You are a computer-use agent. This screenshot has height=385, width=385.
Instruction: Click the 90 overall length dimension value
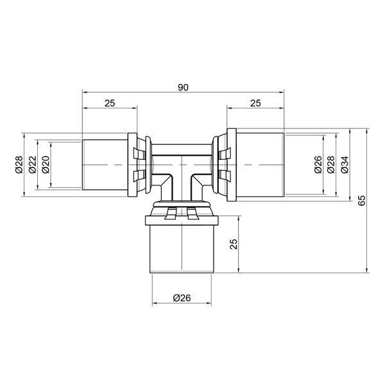[183, 87]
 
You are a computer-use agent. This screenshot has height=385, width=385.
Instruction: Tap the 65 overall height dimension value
[362, 200]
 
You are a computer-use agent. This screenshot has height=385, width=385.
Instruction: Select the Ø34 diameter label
[345, 165]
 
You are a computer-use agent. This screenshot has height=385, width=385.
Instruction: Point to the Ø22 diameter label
[33, 164]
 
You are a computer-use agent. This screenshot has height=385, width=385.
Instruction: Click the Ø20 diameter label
[46, 164]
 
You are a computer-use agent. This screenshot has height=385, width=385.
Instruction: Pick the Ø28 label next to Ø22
[19, 164]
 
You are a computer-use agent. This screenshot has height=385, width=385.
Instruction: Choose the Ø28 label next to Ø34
[331, 165]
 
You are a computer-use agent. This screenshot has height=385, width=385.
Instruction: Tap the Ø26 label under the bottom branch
[182, 298]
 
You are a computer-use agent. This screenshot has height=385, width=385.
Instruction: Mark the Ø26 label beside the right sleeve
[318, 165]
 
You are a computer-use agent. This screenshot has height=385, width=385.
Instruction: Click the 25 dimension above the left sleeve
[110, 103]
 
